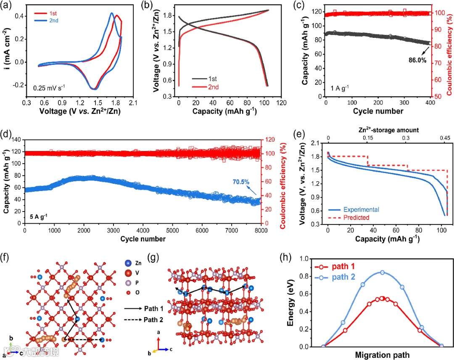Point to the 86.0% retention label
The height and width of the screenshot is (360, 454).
pyautogui.click(x=417, y=60)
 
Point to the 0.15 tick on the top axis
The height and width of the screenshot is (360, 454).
pyautogui.click(x=368, y=138)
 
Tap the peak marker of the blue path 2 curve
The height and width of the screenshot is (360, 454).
pyautogui.click(x=382, y=272)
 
